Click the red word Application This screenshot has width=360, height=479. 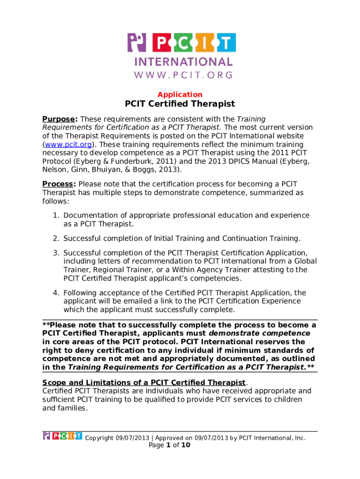[180, 94]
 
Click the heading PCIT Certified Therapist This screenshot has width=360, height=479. [180, 104]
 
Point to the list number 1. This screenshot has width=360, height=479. [55, 215]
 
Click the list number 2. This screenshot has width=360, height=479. [55, 239]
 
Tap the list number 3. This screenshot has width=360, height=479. [55, 253]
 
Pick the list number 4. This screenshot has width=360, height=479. [55, 293]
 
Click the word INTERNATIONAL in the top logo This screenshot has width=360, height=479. [183, 62]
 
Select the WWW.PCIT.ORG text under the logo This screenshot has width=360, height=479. [183, 74]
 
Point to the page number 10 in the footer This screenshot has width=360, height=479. [186, 445]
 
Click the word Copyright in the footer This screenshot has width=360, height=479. [99, 438]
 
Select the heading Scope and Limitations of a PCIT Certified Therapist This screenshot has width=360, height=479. [144, 382]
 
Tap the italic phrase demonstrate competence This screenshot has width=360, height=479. [259, 334]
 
